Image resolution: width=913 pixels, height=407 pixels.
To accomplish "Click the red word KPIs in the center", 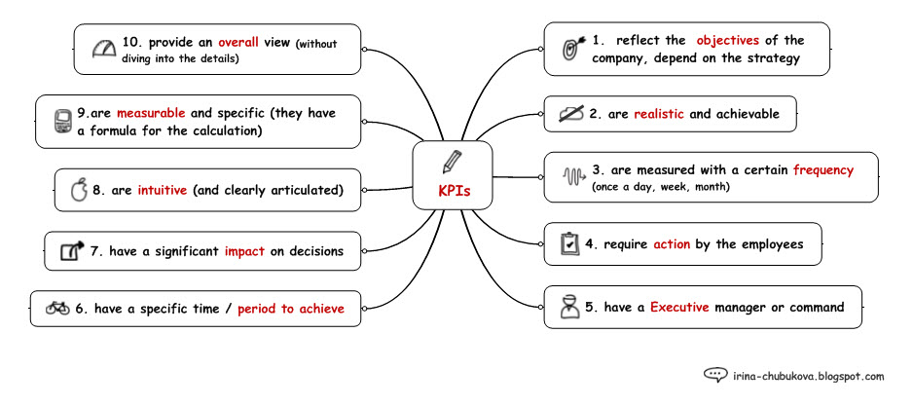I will [x=453, y=192].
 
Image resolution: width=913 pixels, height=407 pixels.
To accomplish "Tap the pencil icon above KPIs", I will [x=452, y=162].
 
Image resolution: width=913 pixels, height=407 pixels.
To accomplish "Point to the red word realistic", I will [x=660, y=114].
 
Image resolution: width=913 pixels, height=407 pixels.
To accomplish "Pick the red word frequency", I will [x=822, y=169].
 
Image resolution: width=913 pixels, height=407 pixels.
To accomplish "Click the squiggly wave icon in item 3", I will [x=574, y=177].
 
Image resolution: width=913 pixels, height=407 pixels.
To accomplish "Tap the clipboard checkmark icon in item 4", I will [x=570, y=244].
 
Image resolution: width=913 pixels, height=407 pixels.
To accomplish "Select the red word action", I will [x=672, y=244].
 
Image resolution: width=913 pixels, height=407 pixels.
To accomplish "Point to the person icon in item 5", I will [x=570, y=307].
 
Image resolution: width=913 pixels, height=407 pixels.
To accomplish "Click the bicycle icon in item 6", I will [x=57, y=309].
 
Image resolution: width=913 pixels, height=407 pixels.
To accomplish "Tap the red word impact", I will [x=244, y=250].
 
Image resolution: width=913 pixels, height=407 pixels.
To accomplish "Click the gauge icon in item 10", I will [x=103, y=49].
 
